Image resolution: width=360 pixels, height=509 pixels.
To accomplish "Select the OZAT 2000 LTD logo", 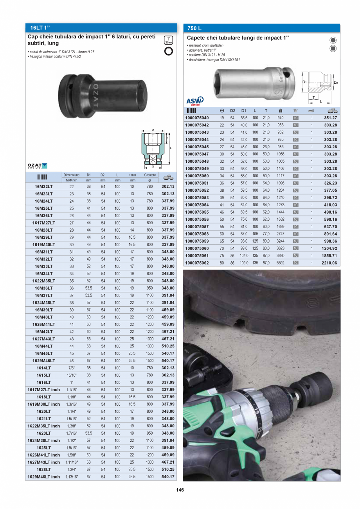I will tap(38, 166).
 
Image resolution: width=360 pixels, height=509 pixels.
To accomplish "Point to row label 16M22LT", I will tap(43, 187).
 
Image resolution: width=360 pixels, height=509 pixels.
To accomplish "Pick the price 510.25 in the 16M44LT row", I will tap(168, 346).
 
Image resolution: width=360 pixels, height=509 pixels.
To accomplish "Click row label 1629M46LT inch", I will tap(43, 477).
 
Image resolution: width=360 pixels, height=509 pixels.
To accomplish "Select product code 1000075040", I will tap(197, 118).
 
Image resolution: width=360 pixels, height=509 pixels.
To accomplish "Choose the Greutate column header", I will tap(149, 175).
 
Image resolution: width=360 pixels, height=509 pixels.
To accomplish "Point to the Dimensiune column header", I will tap(71, 175).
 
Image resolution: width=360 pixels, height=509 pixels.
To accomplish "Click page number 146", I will tap(180, 490).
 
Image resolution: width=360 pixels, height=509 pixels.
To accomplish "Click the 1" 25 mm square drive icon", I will tap(168, 40).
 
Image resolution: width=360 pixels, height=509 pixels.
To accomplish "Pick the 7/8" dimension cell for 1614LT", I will tap(71, 368).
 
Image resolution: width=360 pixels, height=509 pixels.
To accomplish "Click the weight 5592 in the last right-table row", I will tap(280, 263).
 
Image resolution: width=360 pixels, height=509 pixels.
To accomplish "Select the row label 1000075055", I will tap(197, 212).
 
